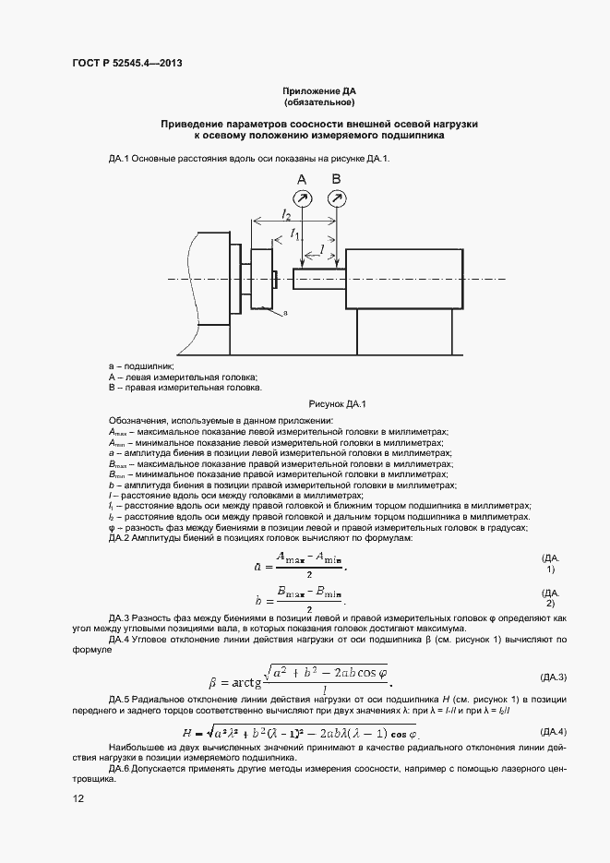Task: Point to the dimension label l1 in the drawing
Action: [295, 234]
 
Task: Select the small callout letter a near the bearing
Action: [285, 314]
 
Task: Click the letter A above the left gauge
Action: [302, 178]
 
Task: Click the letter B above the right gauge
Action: [337, 178]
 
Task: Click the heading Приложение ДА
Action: [318, 92]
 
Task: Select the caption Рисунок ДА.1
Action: [338, 403]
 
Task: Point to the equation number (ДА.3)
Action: [553, 677]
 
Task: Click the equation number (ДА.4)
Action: [553, 731]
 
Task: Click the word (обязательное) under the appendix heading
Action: [318, 103]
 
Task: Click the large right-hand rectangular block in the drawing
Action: [403, 279]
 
